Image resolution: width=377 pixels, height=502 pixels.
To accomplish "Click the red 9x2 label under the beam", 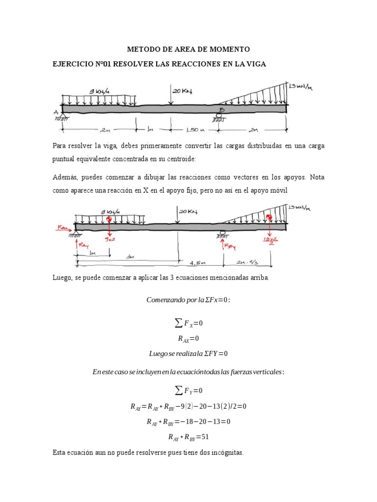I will tap(109, 240).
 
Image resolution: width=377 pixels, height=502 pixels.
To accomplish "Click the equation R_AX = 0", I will tap(188, 338).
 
